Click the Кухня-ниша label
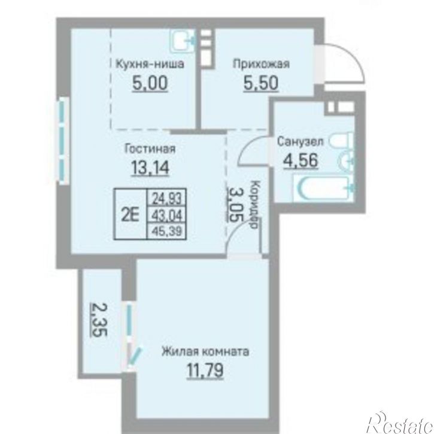[150, 64]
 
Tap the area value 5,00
[150, 83]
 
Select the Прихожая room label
[261, 64]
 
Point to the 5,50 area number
[261, 83]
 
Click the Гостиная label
[150, 148]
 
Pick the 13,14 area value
[150, 168]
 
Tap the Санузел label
[301, 141]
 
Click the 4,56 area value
[301, 160]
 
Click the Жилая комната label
[205, 352]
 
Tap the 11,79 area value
[205, 371]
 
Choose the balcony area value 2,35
[99, 320]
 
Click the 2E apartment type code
[130, 214]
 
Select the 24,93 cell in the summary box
[167, 199]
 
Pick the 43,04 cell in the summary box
[167, 215]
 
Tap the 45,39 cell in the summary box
[167, 230]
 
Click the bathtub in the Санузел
[323, 189]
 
